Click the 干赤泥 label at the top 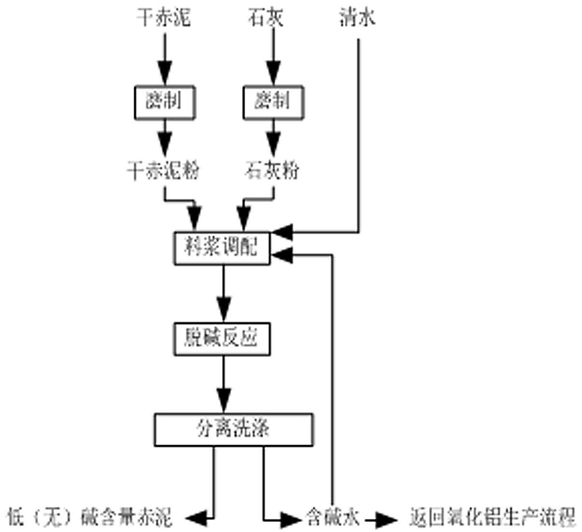164,18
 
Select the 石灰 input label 266,18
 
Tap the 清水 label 358,18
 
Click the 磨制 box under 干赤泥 165,102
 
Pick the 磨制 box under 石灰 273,102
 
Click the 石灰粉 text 273,170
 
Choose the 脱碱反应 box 222,339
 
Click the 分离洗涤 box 233,429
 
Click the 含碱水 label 333,518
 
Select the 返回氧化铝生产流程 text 492,518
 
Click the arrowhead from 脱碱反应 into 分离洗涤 223,400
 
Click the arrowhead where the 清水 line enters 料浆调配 282,232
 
